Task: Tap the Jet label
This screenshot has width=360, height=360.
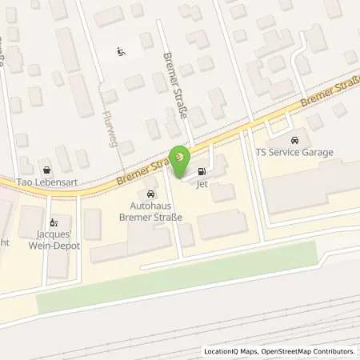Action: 202,182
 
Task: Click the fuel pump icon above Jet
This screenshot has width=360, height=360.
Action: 201,170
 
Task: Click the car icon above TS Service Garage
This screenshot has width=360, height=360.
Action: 295,140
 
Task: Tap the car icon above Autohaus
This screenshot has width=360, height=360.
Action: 150,194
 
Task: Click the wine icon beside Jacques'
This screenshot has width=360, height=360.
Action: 54,223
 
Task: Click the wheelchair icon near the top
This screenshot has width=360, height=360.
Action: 121,53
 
